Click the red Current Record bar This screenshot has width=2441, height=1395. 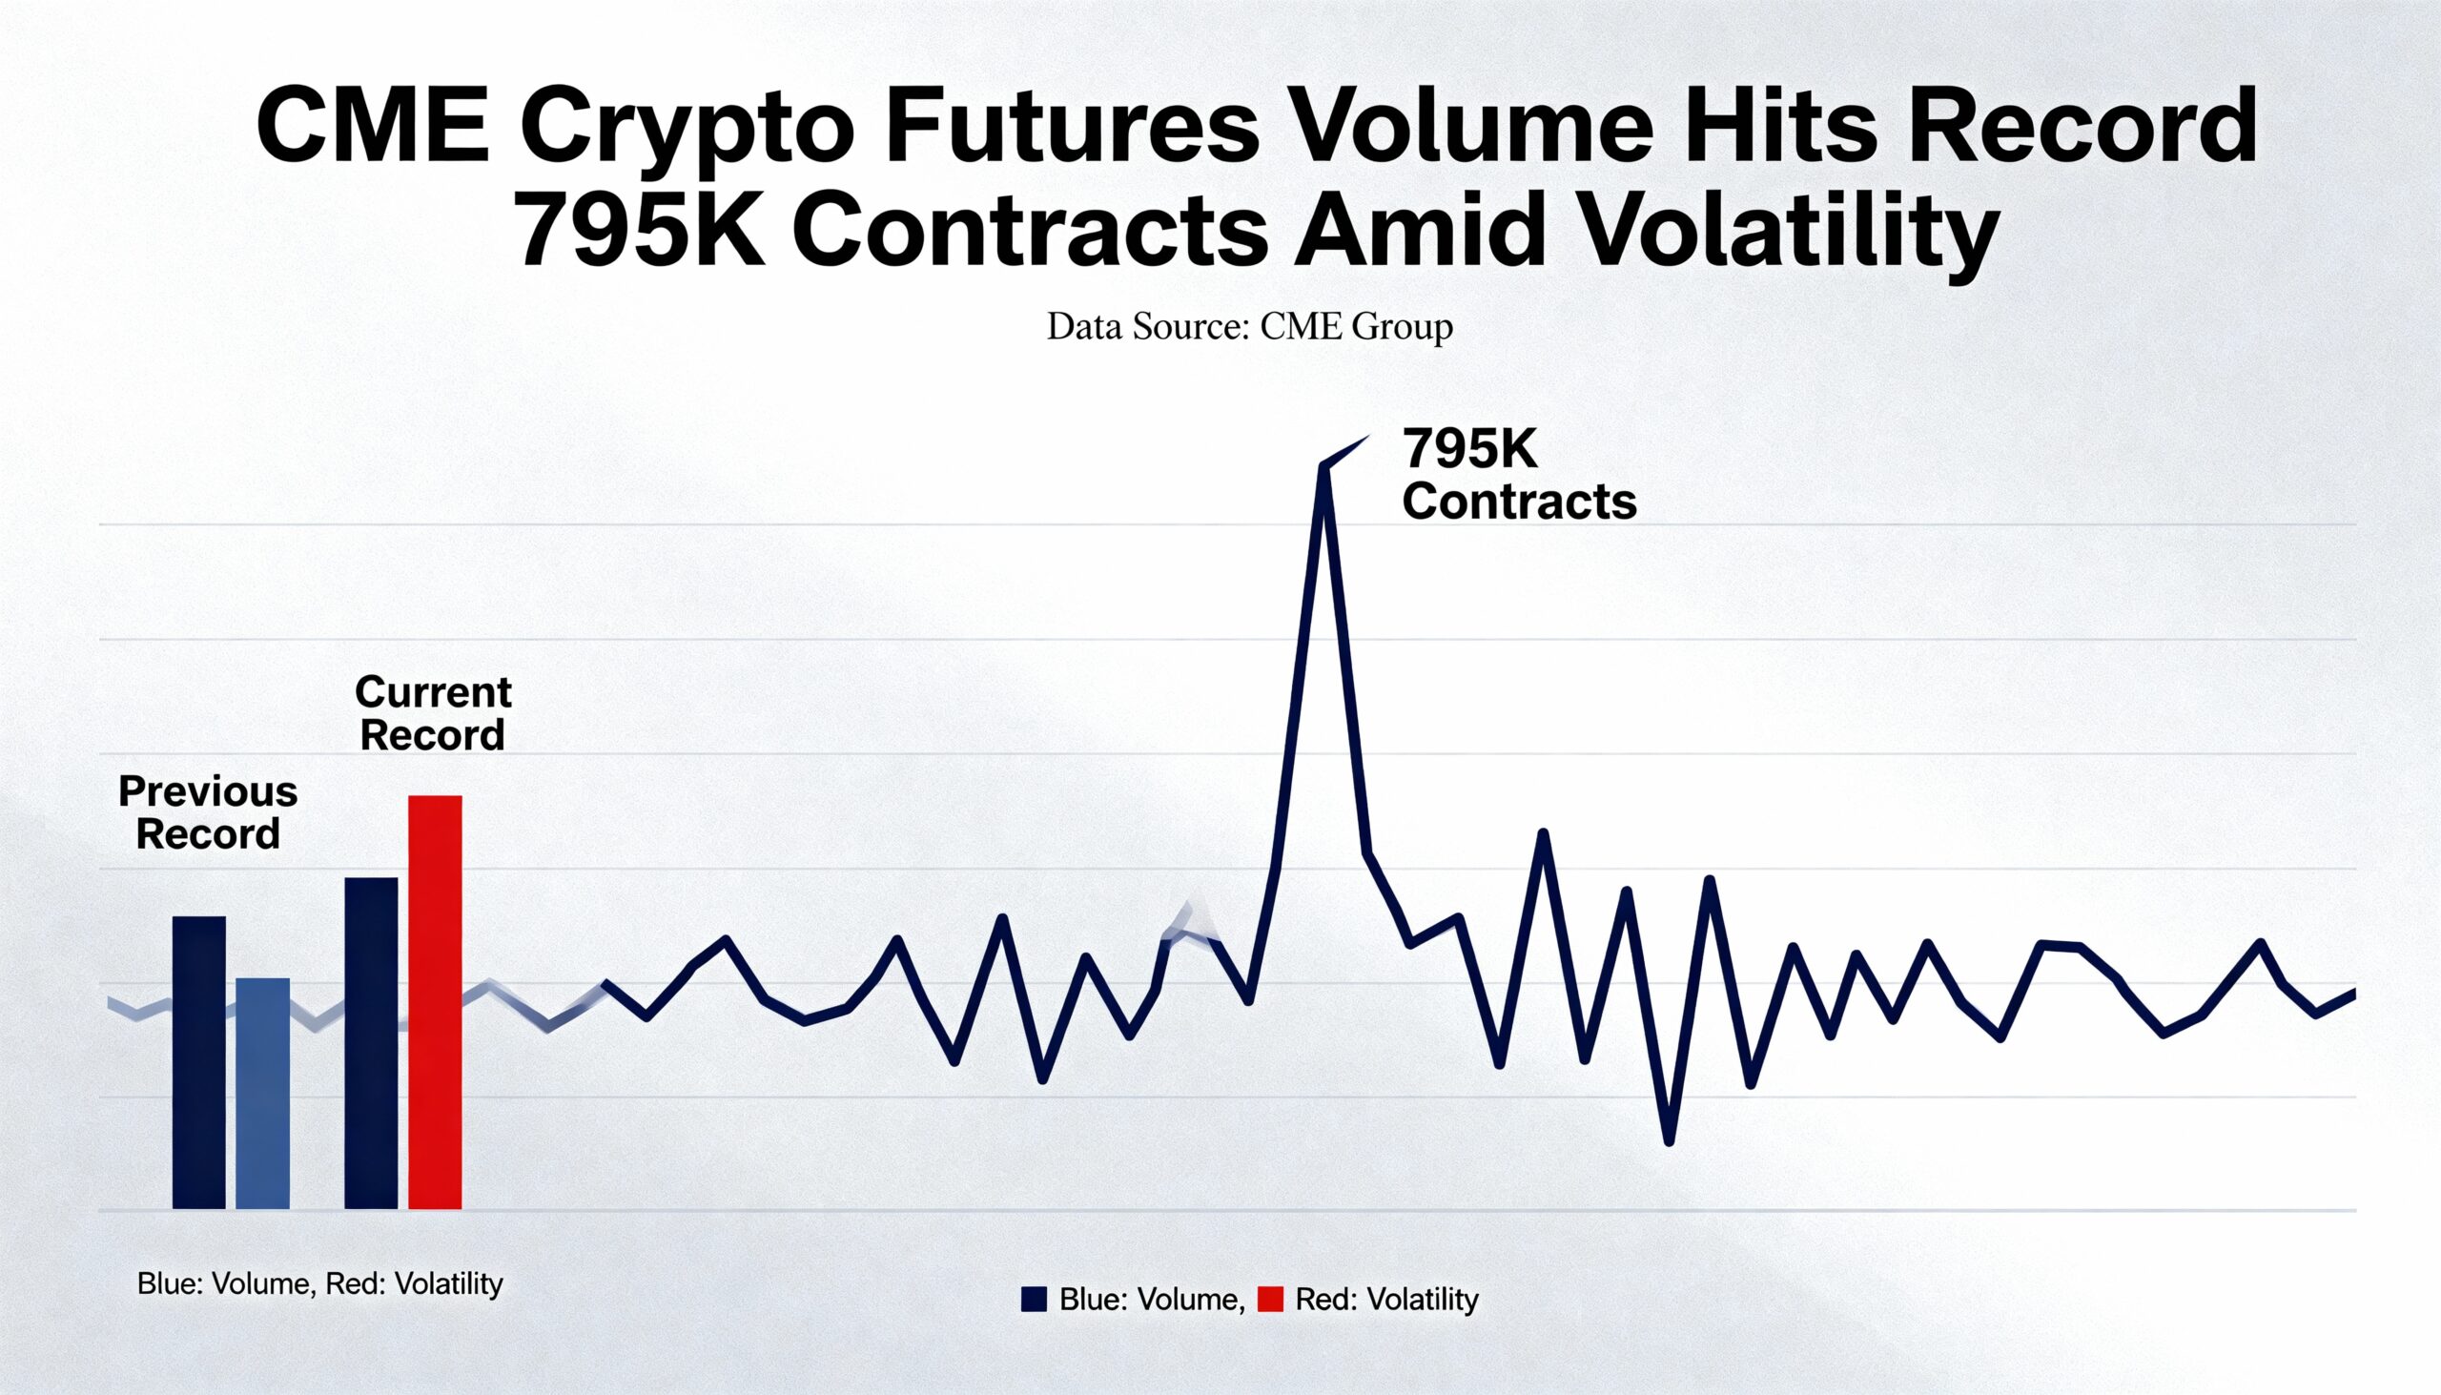coord(435,1001)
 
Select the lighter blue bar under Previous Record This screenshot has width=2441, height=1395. coord(262,1092)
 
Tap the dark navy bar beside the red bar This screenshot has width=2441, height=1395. coord(371,1042)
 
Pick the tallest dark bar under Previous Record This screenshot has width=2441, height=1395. coord(198,1061)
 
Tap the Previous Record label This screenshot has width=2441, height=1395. coord(208,812)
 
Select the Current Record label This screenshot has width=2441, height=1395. coord(433,713)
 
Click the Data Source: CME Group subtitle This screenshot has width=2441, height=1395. coord(1249,327)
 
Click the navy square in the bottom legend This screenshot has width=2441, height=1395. coord(1034,1300)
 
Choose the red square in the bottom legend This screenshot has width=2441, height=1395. coord(1269,1300)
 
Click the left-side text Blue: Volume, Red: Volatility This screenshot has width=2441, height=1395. coord(319,1283)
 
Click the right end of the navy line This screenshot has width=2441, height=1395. coord(2354,993)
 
